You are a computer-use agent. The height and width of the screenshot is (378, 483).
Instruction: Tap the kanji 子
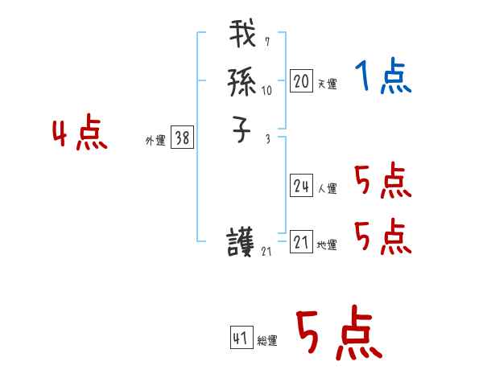(242, 129)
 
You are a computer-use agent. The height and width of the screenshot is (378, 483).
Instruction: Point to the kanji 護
(242, 242)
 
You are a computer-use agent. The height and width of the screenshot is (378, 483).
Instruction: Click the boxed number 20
(301, 81)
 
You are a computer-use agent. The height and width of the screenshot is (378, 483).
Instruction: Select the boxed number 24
(301, 186)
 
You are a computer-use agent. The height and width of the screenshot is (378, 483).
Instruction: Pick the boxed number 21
(301, 242)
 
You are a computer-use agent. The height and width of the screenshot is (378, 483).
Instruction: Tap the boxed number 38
(182, 138)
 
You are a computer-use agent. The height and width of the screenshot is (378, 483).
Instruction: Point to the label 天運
(327, 84)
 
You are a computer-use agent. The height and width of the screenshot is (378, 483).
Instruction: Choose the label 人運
(327, 189)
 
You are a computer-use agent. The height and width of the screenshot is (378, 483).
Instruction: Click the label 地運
(327, 245)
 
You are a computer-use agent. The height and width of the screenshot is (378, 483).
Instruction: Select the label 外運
(155, 141)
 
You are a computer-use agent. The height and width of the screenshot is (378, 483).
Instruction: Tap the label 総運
(267, 341)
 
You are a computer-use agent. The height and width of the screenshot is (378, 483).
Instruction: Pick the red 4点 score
(80, 134)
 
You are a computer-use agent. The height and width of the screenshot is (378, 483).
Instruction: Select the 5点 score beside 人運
(382, 181)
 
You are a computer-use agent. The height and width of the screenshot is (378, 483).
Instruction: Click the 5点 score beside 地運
(382, 237)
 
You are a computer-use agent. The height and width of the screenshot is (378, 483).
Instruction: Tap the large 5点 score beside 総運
(338, 334)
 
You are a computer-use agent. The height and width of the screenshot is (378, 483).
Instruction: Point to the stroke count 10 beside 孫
(266, 91)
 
